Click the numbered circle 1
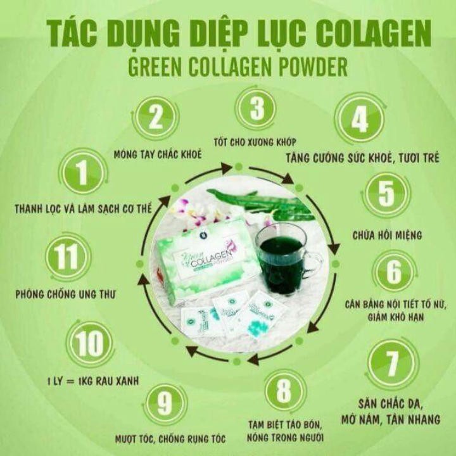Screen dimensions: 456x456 (x=83, y=173)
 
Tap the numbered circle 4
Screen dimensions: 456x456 (x=360, y=119)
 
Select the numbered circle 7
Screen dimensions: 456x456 (x=392, y=364)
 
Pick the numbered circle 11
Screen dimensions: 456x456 (x=68, y=256)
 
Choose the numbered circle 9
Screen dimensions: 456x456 (x=165, y=405)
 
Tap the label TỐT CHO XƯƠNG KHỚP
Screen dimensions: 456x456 (x=255, y=142)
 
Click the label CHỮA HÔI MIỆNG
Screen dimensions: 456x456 (x=387, y=235)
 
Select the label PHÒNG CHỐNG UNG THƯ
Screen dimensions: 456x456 (x=65, y=294)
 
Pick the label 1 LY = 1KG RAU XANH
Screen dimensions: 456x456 (x=93, y=381)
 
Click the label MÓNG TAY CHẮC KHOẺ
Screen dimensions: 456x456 (x=158, y=154)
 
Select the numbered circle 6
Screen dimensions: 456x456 (x=394, y=272)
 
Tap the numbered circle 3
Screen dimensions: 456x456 (x=256, y=109)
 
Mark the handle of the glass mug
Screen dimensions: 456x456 (x=313, y=262)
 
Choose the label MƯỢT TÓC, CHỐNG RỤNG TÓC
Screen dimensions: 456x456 (x=170, y=438)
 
